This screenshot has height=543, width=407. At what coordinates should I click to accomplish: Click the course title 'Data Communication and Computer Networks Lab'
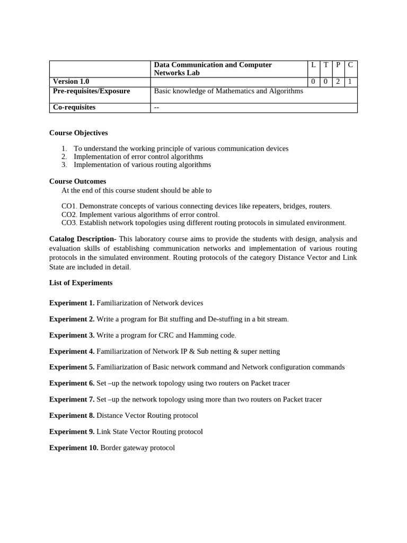(213, 69)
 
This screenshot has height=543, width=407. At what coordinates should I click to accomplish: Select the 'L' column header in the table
(313, 65)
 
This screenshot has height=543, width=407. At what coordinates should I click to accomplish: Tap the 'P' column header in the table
(338, 65)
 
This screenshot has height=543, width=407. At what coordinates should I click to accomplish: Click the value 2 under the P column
(338, 82)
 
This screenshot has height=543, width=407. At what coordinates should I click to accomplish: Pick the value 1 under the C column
(350, 82)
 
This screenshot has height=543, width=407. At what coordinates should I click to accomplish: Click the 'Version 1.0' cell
(71, 82)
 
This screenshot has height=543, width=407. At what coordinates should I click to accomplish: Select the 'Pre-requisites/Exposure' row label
(91, 91)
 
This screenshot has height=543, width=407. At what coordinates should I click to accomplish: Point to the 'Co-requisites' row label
(74, 108)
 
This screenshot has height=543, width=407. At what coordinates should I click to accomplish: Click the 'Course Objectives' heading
(78, 133)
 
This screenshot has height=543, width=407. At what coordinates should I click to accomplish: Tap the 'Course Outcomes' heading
(77, 181)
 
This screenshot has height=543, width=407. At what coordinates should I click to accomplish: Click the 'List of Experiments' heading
(81, 283)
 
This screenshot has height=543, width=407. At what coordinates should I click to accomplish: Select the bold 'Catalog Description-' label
(83, 239)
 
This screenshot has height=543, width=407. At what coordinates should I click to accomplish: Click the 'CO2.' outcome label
(69, 215)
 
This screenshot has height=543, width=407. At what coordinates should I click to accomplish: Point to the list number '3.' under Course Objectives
(64, 165)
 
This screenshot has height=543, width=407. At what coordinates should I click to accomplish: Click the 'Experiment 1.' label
(72, 303)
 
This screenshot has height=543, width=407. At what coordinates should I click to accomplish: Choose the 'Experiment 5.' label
(72, 367)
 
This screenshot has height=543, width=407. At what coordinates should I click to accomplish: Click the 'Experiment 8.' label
(72, 416)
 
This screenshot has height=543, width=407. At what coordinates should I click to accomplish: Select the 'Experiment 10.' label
(74, 448)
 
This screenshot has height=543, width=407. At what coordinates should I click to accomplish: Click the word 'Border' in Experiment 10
(111, 448)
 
